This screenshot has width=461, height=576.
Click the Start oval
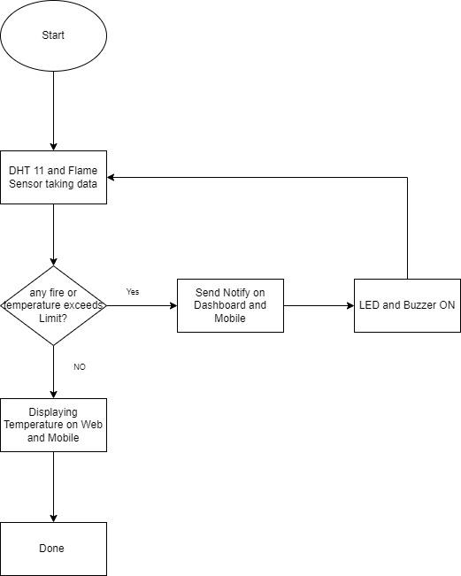[53, 36]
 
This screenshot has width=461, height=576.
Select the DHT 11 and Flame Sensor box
[53, 177]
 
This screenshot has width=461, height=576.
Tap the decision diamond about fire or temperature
[53, 305]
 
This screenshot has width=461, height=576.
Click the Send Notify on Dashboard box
[230, 305]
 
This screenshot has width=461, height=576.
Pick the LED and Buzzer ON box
[407, 305]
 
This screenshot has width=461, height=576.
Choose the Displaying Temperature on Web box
[53, 425]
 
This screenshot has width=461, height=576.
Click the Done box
[53, 549]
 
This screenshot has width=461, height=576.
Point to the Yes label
[133, 291]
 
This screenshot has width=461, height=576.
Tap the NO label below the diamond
[80, 365]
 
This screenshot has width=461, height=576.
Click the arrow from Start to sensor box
[53, 111]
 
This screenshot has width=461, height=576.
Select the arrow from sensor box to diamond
[53, 234]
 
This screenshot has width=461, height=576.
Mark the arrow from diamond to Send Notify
[142, 306]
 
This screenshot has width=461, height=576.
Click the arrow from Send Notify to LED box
[319, 306]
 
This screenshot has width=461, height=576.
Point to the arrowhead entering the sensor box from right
[111, 177]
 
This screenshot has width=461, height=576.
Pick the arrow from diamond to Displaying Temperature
[53, 372]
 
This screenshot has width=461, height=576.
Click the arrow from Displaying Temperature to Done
[53, 487]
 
